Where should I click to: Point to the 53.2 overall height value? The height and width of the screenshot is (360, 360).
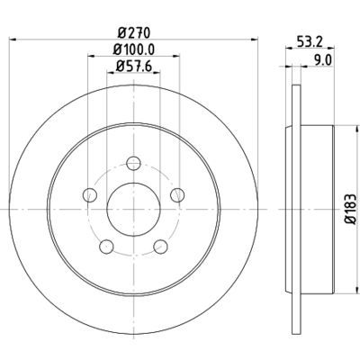[310, 41]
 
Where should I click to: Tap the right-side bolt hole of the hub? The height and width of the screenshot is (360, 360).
[177, 195]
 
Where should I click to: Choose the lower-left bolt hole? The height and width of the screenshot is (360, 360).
[106, 247]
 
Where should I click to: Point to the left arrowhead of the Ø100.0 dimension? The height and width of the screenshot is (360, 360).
[91, 56]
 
